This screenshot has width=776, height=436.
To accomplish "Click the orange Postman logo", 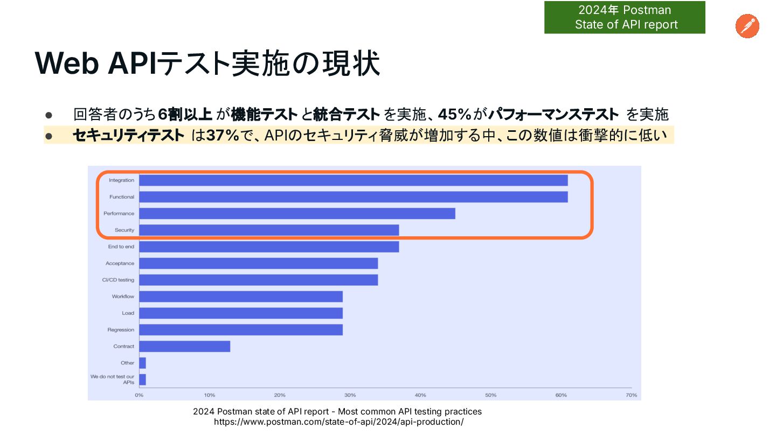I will click(747, 26).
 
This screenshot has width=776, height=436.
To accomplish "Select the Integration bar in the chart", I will click(353, 180).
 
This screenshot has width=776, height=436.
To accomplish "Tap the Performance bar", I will click(297, 214).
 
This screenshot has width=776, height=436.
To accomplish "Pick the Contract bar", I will click(184, 346).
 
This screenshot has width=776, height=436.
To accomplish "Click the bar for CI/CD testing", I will click(258, 280).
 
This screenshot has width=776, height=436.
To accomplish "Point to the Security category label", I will click(124, 230).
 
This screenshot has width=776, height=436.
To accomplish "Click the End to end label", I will click(121, 247).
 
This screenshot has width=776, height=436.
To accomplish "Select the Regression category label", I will click(121, 330).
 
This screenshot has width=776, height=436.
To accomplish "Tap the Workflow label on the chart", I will click(123, 297).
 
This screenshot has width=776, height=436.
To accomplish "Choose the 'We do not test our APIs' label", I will click(113, 379).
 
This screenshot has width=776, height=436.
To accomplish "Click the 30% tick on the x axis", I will click(350, 395).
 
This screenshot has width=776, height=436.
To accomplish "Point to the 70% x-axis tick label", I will click(632, 395).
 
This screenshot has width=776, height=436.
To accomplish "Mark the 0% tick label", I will click(139, 395).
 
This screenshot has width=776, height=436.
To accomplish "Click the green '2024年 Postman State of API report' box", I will click(625, 18).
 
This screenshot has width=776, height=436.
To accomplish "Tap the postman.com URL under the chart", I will click(338, 422).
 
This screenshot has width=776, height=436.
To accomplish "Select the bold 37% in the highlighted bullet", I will click(223, 135).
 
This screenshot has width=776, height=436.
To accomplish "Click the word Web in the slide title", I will click(67, 64).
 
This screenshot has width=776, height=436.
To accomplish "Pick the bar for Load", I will click(241, 313).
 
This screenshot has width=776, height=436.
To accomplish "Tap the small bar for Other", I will click(142, 363).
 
